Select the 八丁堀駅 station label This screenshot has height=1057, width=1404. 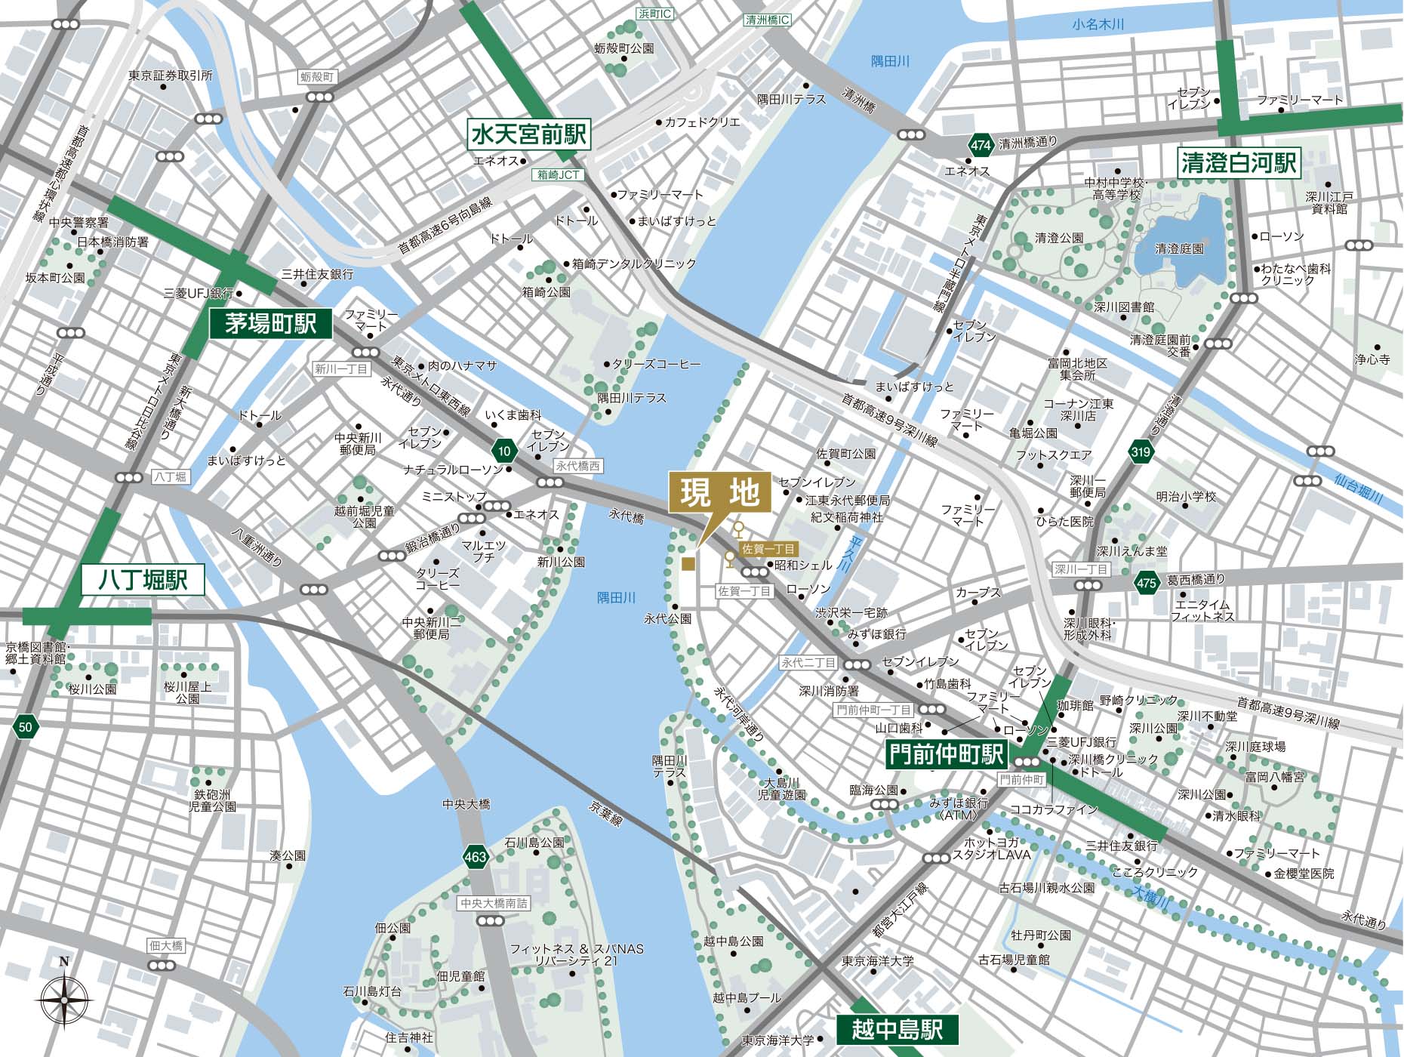coord(143,580)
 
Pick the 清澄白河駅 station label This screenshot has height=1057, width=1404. coord(1239,162)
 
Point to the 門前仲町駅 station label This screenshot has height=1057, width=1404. coord(947,753)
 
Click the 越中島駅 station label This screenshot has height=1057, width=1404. coord(898,1030)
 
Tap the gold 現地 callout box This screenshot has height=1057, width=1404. coord(720,493)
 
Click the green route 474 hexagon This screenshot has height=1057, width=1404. coord(981,145)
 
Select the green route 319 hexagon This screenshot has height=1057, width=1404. coord(1141,452)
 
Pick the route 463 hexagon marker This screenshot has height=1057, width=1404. coord(476,857)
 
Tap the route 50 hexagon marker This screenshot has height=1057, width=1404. coord(26,727)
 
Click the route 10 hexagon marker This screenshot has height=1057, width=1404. coord(504,451)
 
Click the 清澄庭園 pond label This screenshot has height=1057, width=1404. coord(1179,248)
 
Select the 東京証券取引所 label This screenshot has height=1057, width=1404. coord(171,75)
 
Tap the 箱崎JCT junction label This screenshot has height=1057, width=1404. coord(559,174)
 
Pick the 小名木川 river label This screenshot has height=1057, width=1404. coord(1098,24)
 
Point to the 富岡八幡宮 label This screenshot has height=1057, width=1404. coord(1274,776)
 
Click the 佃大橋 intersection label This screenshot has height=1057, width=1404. coord(166,945)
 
